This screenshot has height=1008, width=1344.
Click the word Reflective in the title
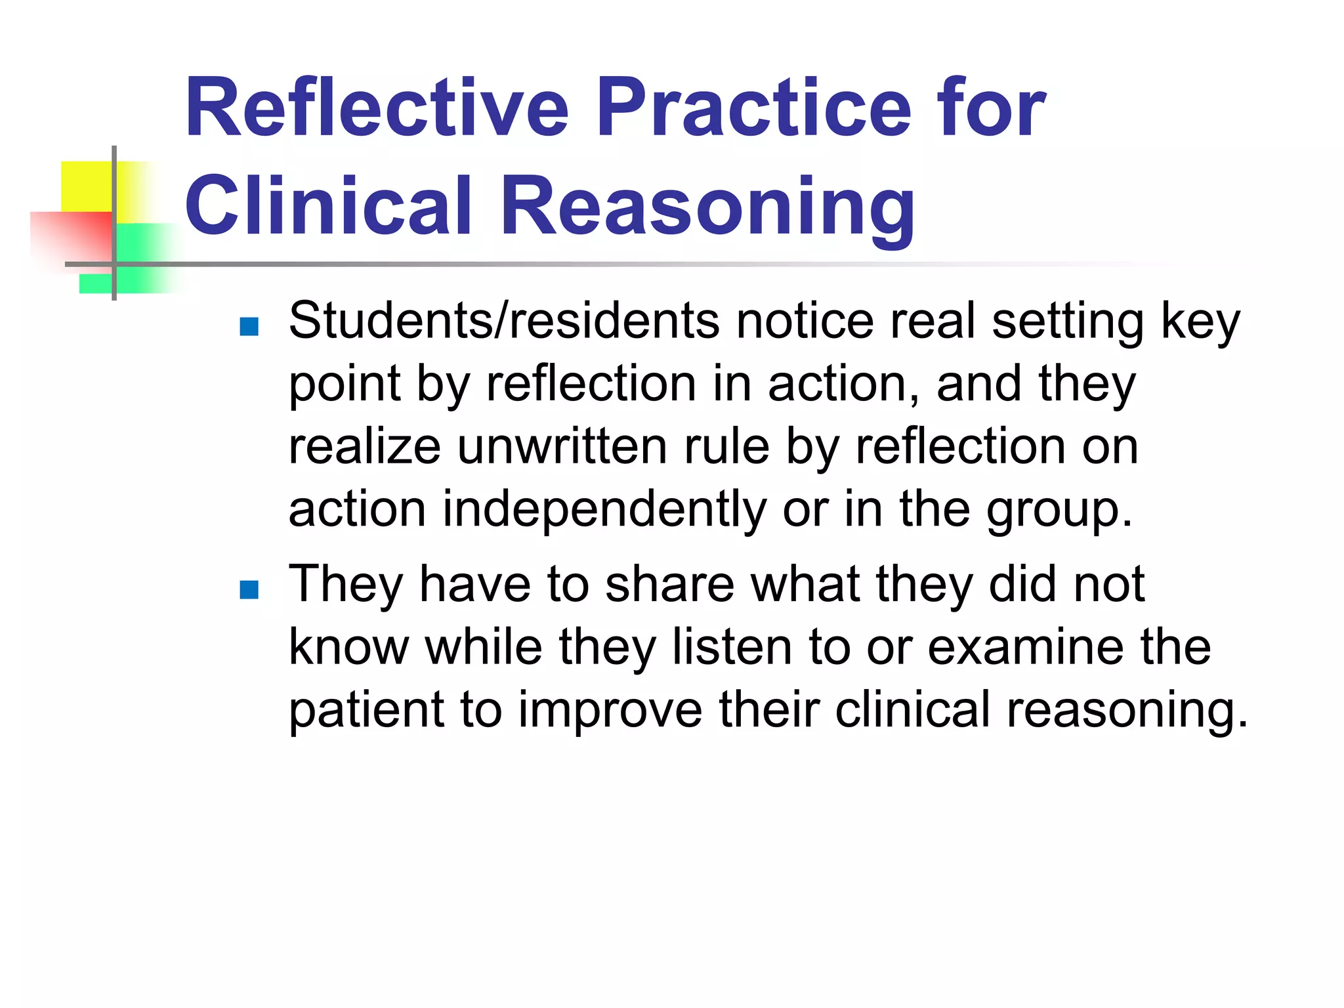point(377,108)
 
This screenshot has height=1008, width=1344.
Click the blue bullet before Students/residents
point(249,326)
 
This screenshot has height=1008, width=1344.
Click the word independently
point(604,509)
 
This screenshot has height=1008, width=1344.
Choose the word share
point(669,583)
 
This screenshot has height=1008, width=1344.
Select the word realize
point(365,447)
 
